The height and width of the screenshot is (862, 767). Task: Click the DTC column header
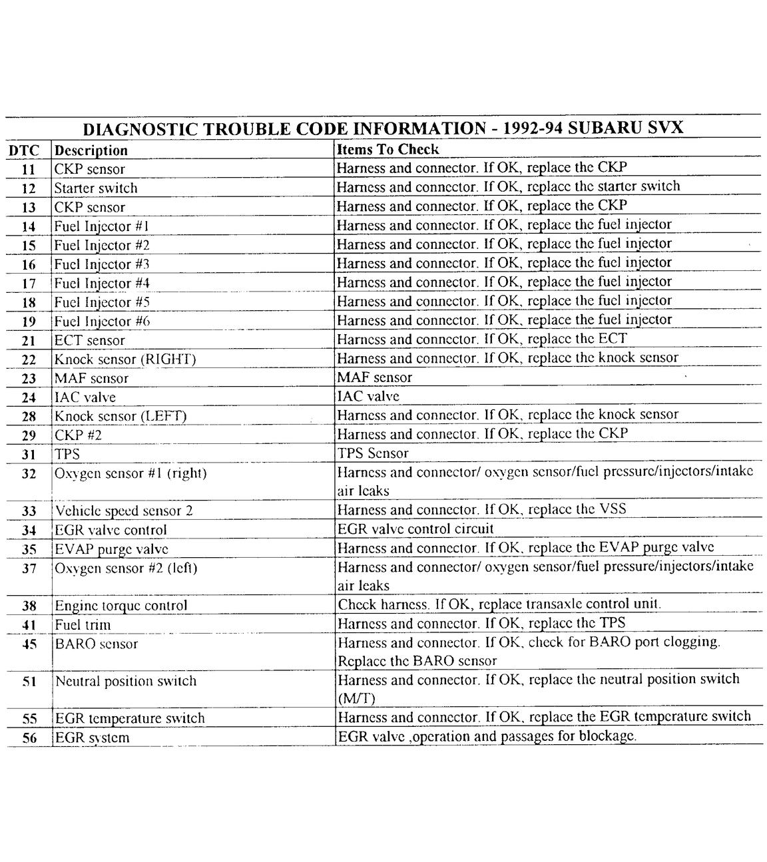[x=24, y=150]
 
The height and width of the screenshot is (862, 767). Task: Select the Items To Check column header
[x=388, y=149]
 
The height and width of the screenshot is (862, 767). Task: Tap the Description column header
[x=91, y=150]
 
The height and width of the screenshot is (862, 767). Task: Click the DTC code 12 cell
[x=29, y=188]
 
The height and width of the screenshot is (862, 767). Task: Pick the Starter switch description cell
[x=96, y=188]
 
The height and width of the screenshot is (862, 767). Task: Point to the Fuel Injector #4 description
[x=102, y=284]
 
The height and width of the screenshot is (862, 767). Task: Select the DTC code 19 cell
[x=29, y=322]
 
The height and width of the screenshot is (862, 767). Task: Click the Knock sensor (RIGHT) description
[x=125, y=359]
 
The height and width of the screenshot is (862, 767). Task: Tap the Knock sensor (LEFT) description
[x=121, y=417]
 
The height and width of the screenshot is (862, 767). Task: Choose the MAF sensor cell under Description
[x=92, y=379]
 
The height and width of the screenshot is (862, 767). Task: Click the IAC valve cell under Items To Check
[x=368, y=397]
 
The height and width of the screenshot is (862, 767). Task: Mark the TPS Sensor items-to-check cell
[x=373, y=453]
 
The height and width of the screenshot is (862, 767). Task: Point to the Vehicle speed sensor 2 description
[x=124, y=511]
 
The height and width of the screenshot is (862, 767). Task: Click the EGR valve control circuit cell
[x=415, y=529]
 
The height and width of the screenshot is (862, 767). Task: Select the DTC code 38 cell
[x=29, y=606]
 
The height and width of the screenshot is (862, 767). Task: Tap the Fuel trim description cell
[x=83, y=625]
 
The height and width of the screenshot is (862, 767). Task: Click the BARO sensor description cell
[x=97, y=644]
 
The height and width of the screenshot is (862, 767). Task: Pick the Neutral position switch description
[x=126, y=682]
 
